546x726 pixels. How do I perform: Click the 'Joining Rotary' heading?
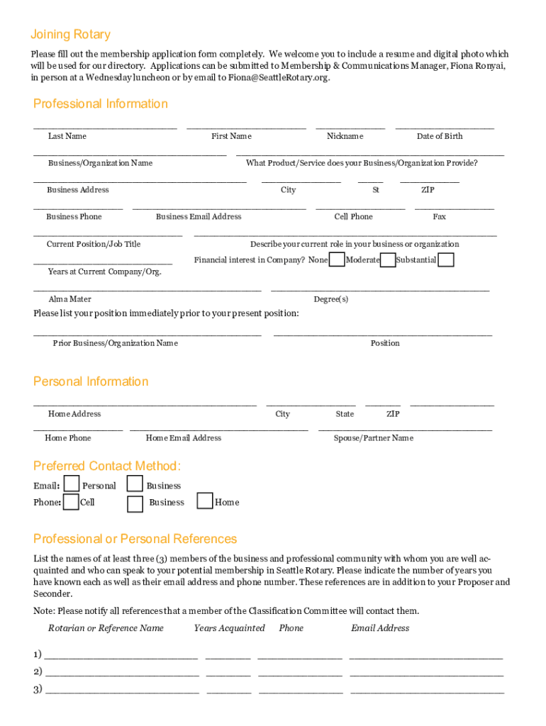click(x=70, y=35)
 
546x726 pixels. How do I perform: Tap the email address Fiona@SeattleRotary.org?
click(x=279, y=78)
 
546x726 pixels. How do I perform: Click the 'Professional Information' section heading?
click(x=101, y=104)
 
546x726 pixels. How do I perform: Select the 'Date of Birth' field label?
click(x=440, y=136)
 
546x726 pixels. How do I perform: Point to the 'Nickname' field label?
click(x=345, y=136)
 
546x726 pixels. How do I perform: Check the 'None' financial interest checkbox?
click(x=338, y=259)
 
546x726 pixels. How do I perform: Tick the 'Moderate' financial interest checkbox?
click(x=388, y=259)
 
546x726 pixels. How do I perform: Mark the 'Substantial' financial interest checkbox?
click(x=446, y=259)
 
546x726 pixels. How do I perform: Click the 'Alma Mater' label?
click(x=69, y=299)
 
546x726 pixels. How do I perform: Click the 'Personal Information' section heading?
click(x=91, y=382)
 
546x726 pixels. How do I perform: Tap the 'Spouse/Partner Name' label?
click(x=374, y=438)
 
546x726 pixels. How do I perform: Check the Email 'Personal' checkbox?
click(x=71, y=484)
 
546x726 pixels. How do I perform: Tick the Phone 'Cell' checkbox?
click(x=71, y=502)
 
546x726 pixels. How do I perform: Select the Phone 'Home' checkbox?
click(x=204, y=501)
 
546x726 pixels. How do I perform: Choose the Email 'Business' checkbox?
click(x=135, y=484)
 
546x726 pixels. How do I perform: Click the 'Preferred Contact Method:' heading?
click(x=107, y=467)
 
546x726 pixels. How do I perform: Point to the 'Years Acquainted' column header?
click(x=229, y=628)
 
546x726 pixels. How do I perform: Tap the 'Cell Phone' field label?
click(x=353, y=217)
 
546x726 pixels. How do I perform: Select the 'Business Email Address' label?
click(x=199, y=217)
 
